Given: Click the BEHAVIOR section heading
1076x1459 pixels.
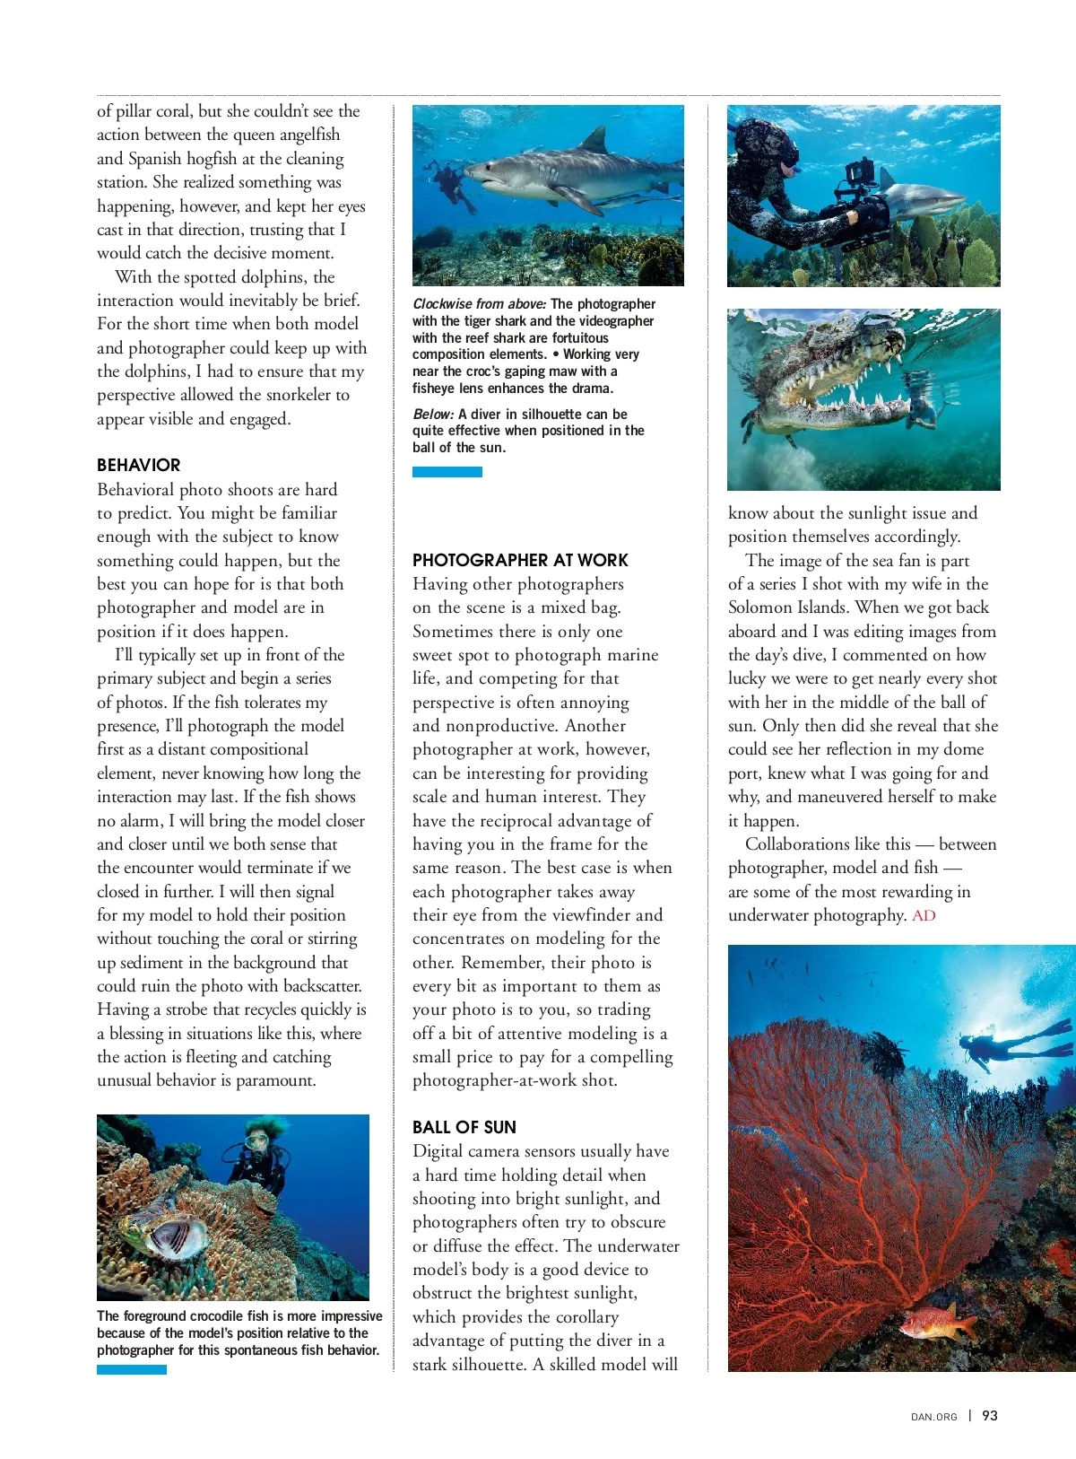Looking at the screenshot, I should (x=138, y=465).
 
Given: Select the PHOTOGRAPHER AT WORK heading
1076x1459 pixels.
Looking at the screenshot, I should (x=520, y=560).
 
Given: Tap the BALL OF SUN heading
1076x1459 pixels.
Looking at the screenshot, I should (x=464, y=1127).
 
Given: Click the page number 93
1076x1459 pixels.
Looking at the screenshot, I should (x=990, y=1415).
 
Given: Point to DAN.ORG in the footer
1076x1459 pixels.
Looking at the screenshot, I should (x=933, y=1417).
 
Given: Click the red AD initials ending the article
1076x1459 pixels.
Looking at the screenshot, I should (x=924, y=915).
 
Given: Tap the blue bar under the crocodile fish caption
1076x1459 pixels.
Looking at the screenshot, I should (x=131, y=1369).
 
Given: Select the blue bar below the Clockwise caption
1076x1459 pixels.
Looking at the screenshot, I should (x=447, y=472).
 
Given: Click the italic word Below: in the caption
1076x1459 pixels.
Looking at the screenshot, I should (x=433, y=415).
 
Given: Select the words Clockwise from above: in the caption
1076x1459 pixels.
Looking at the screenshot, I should (x=479, y=304).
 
